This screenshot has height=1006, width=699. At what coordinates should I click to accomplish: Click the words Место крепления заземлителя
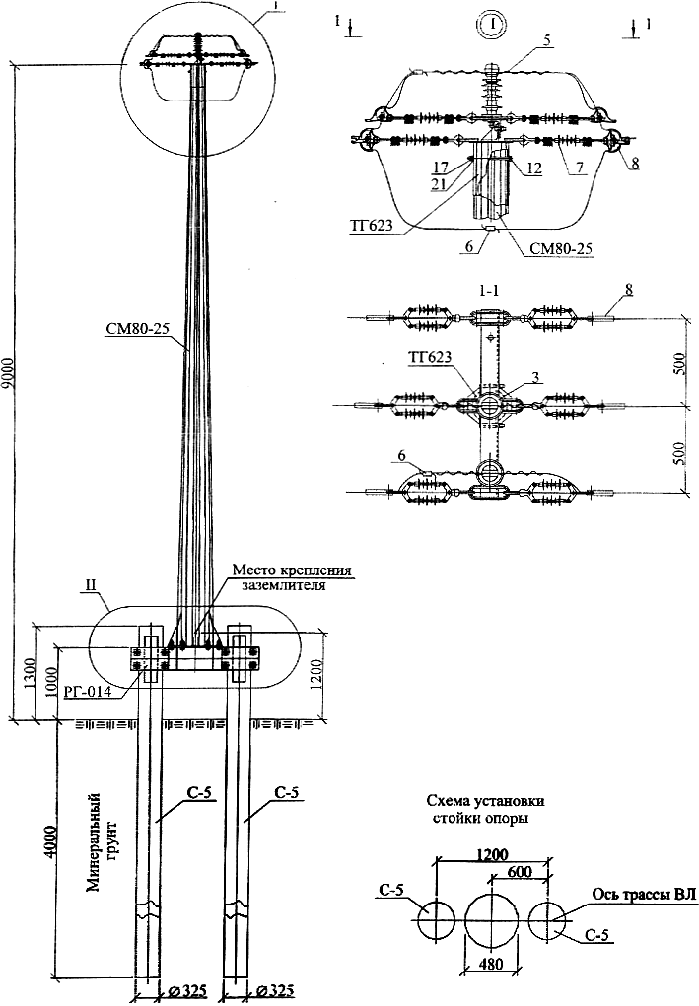click(x=292, y=576)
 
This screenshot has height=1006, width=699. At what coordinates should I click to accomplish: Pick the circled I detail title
click(x=492, y=25)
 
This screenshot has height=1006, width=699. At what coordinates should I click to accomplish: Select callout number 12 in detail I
click(x=534, y=168)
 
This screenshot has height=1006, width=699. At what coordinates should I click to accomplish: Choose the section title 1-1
click(x=489, y=291)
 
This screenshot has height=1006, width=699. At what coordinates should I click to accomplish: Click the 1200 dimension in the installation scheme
click(x=492, y=854)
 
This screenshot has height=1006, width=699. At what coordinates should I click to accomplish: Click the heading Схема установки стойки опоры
click(x=485, y=810)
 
